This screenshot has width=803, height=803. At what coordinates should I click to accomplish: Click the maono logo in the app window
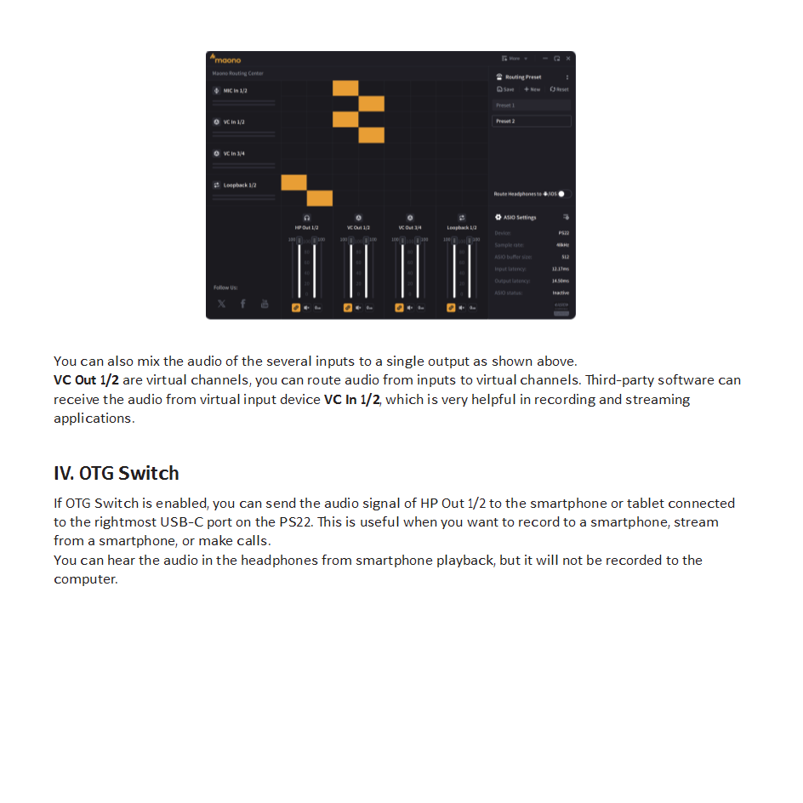(x=225, y=59)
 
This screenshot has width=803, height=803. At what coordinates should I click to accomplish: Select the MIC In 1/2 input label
(x=235, y=90)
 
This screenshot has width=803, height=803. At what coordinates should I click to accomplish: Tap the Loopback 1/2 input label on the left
(x=239, y=185)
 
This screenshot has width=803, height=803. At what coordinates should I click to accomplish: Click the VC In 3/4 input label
(x=234, y=153)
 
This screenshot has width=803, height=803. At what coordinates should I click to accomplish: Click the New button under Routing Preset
(x=532, y=89)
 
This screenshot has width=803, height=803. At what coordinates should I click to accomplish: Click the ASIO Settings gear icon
(x=498, y=218)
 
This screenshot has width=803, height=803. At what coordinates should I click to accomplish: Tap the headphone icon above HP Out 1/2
(x=307, y=218)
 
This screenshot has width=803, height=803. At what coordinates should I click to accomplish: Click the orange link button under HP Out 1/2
(x=296, y=307)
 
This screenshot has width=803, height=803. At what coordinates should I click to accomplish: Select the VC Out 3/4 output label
(x=410, y=228)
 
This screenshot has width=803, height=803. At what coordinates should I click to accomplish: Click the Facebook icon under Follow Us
(x=242, y=304)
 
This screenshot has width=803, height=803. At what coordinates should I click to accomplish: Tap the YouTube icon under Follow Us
(x=264, y=304)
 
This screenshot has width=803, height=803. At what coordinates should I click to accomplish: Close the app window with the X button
(x=568, y=59)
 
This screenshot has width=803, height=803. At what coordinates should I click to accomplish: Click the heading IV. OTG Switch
(x=117, y=473)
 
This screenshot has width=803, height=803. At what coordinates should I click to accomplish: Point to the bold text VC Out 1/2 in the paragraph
(x=86, y=380)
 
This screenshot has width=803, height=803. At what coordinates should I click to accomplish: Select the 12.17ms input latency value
(x=560, y=269)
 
